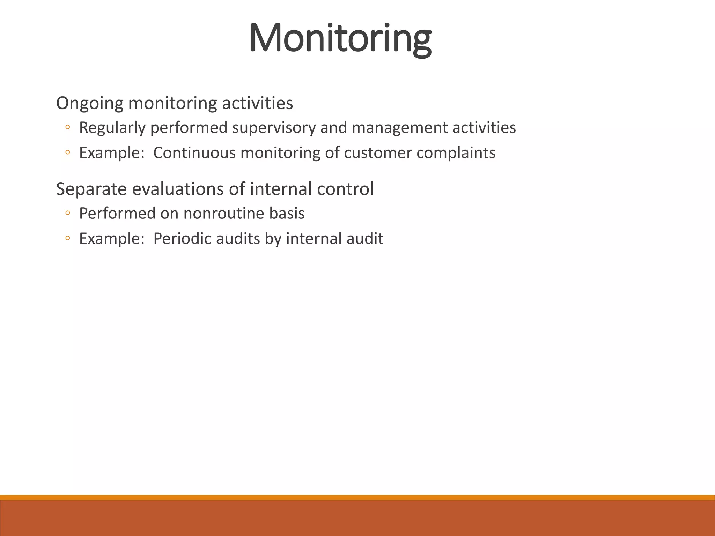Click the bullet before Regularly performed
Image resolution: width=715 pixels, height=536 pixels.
pos(68,128)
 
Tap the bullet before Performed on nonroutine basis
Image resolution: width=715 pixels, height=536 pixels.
pos(68,213)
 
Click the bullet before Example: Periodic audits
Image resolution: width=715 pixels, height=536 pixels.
pos(68,239)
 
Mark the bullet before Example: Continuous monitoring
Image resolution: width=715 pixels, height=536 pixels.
pos(68,153)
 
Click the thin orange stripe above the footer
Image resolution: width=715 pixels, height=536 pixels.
pos(357,497)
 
